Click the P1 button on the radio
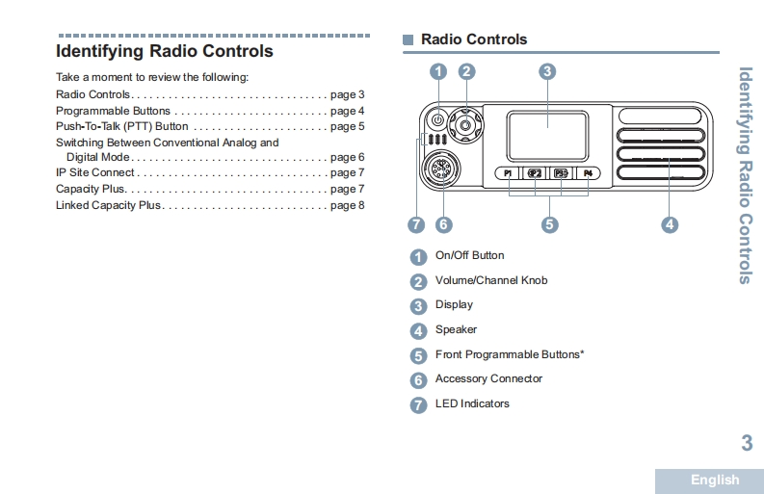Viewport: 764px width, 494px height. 509,173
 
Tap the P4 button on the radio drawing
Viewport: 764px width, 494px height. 587,173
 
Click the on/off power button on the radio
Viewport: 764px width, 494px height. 437,120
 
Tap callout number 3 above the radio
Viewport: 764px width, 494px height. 546,71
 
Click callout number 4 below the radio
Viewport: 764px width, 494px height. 670,224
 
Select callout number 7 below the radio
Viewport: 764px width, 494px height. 416,224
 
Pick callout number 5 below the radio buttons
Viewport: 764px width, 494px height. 549,224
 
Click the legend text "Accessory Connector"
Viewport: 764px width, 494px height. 488,378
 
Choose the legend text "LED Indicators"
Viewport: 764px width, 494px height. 472,403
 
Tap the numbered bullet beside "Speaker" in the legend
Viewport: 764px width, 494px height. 418,331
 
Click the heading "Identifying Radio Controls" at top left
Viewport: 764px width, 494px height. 165,52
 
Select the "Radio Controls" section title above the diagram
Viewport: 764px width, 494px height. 474,39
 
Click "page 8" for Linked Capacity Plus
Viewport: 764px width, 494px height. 347,205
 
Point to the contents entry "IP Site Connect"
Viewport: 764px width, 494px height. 95,173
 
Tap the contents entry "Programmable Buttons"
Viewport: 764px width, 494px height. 113,111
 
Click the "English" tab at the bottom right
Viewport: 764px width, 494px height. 714,480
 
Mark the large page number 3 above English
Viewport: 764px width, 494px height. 746,443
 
